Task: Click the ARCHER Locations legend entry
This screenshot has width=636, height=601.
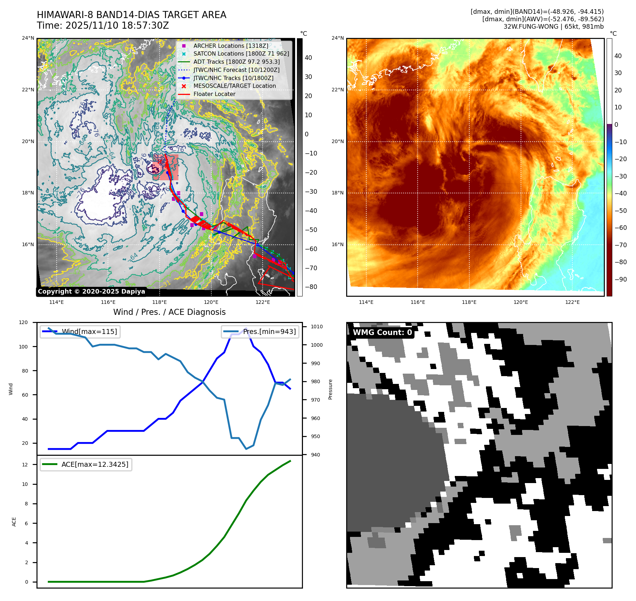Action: click(230, 46)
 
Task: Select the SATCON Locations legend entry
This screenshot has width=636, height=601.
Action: click(241, 53)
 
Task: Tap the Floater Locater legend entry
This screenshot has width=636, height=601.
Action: click(214, 94)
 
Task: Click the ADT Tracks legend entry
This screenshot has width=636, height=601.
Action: click(236, 62)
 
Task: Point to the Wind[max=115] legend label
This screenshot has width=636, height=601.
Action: click(89, 331)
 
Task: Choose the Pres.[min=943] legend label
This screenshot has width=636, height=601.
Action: click(269, 331)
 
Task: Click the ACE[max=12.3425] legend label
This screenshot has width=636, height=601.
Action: click(95, 464)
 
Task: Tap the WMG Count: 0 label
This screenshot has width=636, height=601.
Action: click(382, 332)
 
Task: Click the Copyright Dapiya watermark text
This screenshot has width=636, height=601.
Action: click(91, 291)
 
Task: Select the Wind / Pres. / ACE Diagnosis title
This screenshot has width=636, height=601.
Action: click(169, 312)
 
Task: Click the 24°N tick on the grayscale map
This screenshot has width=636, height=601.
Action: click(28, 38)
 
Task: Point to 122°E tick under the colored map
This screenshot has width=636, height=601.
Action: click(572, 302)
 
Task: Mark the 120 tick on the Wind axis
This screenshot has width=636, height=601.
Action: click(23, 322)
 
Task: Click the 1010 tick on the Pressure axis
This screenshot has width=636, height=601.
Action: click(317, 327)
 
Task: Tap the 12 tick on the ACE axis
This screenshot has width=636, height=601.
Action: click(25, 465)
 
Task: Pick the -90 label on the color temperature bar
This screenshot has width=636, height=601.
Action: click(620, 279)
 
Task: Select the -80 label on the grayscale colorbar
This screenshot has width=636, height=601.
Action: click(311, 287)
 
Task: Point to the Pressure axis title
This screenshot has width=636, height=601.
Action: click(331, 389)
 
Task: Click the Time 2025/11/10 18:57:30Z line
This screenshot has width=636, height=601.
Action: click(103, 25)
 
